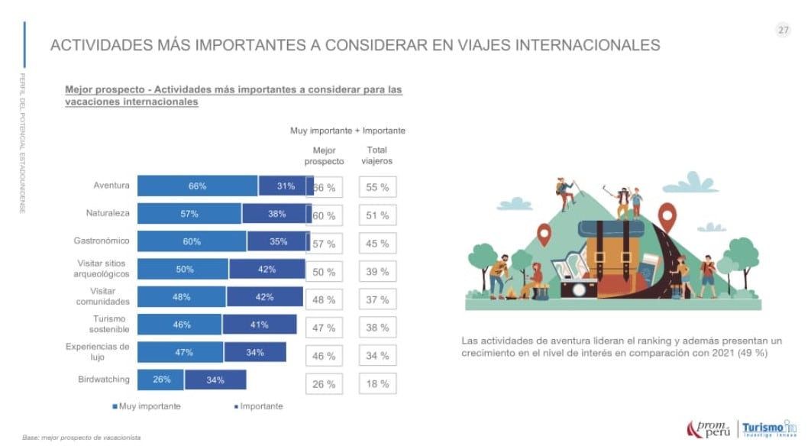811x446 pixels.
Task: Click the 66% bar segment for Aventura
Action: (197, 186)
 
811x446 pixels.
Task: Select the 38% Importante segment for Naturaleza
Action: (276, 214)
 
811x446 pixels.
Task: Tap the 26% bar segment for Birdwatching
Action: (161, 380)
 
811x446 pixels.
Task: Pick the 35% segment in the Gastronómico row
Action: (278, 242)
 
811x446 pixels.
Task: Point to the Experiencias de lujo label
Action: (98, 351)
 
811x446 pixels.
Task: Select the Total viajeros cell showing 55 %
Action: (377, 187)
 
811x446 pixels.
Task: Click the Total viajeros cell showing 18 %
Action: (377, 383)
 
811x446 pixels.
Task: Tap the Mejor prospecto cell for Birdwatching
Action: (324, 384)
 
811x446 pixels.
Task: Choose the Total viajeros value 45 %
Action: (377, 244)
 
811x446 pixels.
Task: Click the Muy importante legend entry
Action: (147, 406)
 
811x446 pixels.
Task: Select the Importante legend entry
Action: (258, 406)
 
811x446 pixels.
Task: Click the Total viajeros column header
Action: (376, 155)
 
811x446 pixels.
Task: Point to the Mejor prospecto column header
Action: (324, 155)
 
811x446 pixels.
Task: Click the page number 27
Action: (783, 31)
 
